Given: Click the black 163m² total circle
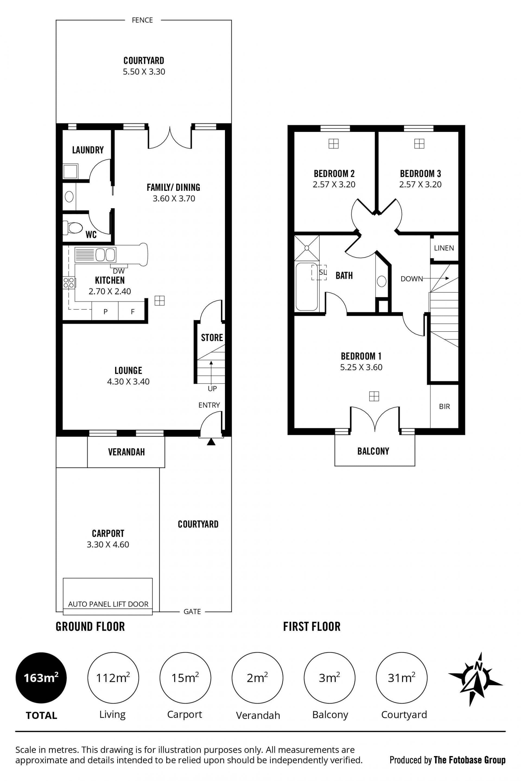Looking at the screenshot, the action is tap(41, 678).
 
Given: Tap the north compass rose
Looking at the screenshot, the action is tap(475, 679).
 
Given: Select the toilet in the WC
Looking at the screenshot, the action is tap(73, 228).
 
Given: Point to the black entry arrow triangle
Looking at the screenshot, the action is tap(211, 442).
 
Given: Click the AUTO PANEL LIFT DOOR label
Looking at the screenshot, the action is tap(108, 604).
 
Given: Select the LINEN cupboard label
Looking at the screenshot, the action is tap(444, 248).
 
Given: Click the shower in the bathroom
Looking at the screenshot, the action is tap(307, 248).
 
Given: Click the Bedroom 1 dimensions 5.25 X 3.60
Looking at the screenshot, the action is tap(361, 367).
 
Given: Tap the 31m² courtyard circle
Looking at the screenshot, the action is tap(401, 678).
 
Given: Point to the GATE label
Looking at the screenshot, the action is tap(192, 612).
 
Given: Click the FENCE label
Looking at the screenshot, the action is tap(142, 20).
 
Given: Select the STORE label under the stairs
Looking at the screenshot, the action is tap(212, 338).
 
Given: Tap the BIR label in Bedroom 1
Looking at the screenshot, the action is tap(444, 406).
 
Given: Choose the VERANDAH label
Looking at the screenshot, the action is tap(126, 452).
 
